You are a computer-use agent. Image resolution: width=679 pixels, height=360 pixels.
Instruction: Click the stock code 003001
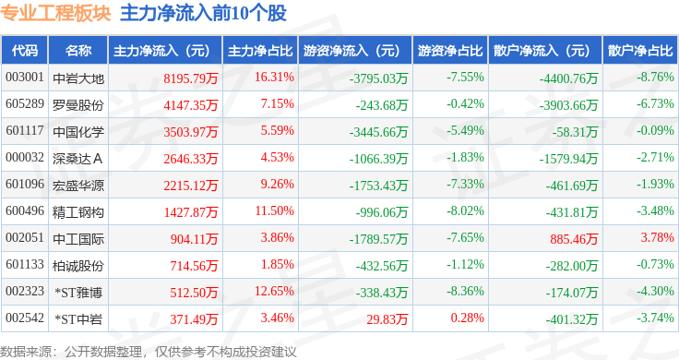pos(25,78)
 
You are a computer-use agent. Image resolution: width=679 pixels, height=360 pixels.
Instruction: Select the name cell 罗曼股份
pos(77,105)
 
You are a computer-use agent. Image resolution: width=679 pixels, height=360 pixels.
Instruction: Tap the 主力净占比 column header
pos(260,51)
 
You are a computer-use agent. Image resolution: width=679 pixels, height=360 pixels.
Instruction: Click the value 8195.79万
pos(191,78)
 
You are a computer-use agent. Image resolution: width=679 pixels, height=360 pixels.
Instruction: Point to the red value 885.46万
pos(574,239)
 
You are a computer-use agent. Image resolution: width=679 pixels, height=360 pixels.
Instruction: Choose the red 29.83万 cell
pos(387,319)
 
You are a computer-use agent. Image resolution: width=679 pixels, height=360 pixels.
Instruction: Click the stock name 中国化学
pos(77,132)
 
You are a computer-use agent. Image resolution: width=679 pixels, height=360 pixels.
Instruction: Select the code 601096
pos(25,184)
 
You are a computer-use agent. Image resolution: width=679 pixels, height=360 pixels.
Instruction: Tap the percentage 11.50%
pos(275,211)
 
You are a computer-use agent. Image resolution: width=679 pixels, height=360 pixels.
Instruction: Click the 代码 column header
pos(25,51)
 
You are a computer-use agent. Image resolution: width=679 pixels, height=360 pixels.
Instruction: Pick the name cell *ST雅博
pos(78,293)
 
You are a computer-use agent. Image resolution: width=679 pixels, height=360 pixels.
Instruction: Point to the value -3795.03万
pos(378,78)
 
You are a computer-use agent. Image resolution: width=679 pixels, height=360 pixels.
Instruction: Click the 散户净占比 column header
pos(640,51)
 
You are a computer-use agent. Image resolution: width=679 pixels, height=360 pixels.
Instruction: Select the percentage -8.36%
pos(465,291)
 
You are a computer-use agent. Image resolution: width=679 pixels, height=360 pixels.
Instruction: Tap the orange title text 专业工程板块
pos(55,14)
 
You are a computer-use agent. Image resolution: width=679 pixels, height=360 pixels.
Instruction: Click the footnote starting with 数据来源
pos(149,352)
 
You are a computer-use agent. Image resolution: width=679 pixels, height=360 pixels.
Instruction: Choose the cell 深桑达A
pos(77,159)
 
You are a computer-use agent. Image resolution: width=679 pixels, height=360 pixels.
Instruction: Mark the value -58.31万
pos(575,132)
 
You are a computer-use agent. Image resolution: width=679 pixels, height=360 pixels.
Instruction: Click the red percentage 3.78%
pos(657,237)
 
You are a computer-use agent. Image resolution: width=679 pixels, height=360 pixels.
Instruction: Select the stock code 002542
pos(25,318)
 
